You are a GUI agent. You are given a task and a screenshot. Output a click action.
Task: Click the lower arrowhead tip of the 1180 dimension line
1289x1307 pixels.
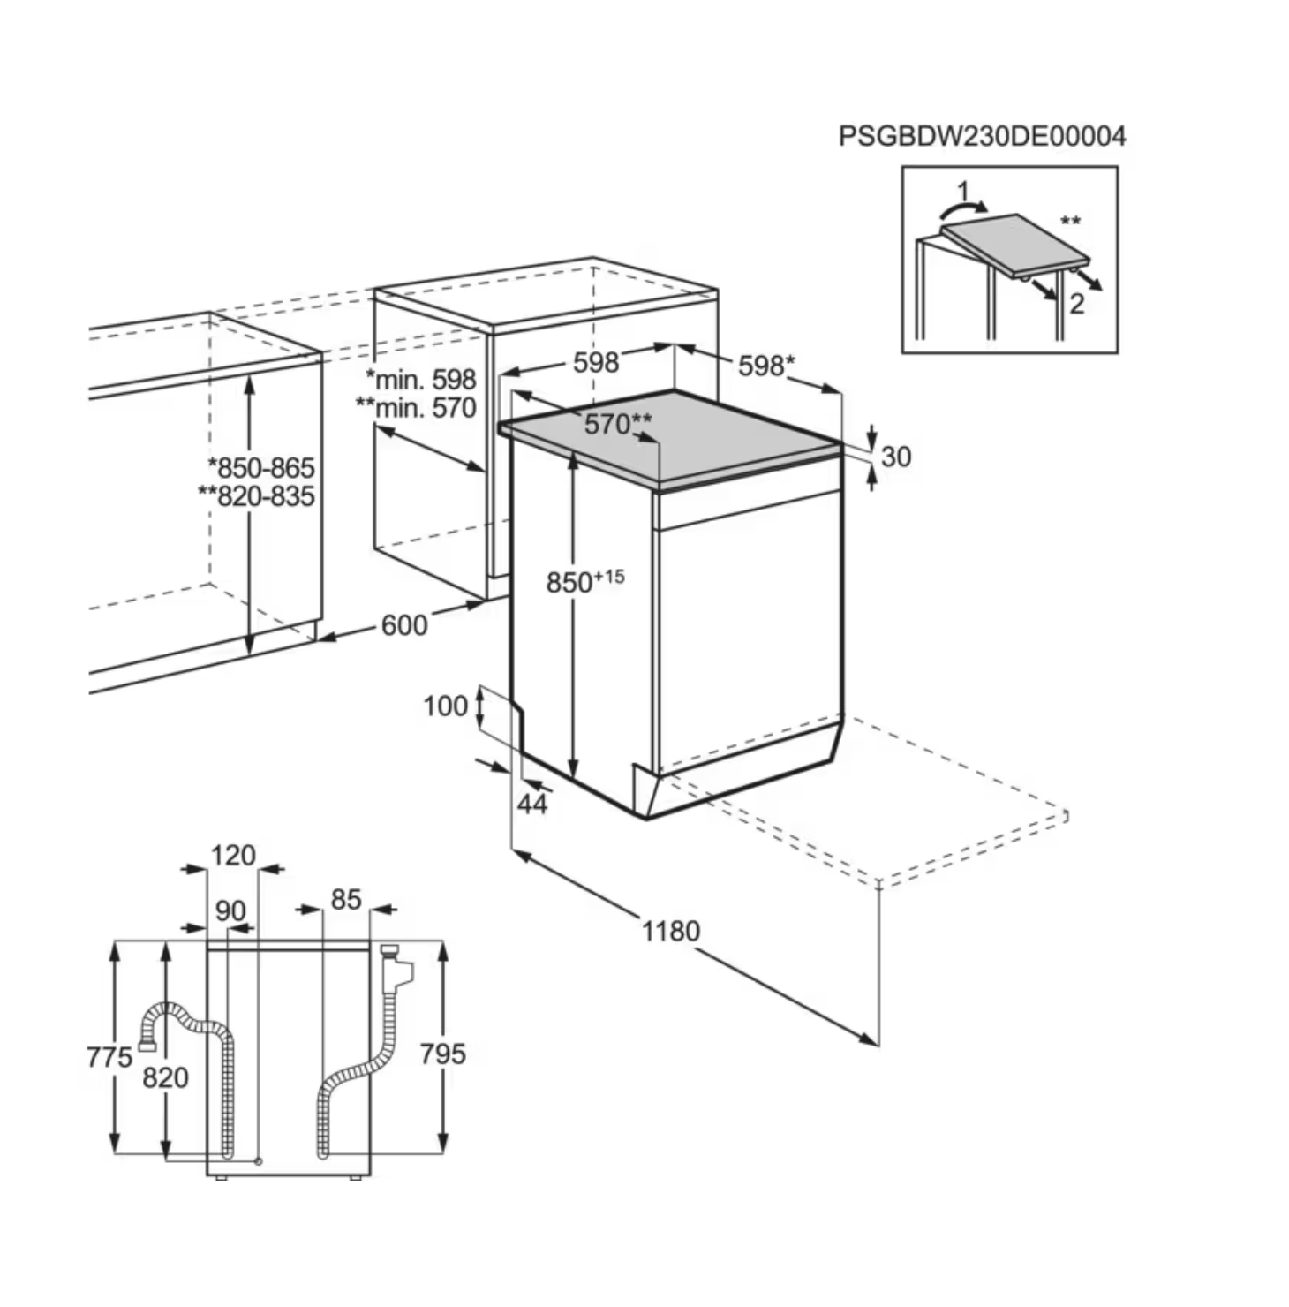pos(878,1046)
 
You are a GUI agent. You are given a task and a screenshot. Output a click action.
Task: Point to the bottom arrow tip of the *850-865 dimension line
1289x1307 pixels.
pos(250,655)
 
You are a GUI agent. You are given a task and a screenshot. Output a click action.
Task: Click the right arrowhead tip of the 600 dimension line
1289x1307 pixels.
pos(486,603)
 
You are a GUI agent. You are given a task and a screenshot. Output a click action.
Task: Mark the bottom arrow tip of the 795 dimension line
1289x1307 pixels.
pos(443,1152)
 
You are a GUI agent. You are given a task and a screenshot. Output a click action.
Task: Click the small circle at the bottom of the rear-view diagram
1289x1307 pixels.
pos(258,1160)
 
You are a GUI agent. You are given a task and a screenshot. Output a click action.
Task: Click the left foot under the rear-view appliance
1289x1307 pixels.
pos(221,1178)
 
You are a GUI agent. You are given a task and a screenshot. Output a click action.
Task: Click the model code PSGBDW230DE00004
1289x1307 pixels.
pos(982,136)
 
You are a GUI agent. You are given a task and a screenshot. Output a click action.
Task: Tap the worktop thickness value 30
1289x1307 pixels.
pos(896,457)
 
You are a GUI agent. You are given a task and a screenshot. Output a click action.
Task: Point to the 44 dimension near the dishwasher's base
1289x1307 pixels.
pos(532,805)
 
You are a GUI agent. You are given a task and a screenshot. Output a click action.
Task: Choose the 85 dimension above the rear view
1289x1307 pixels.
pos(346,899)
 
